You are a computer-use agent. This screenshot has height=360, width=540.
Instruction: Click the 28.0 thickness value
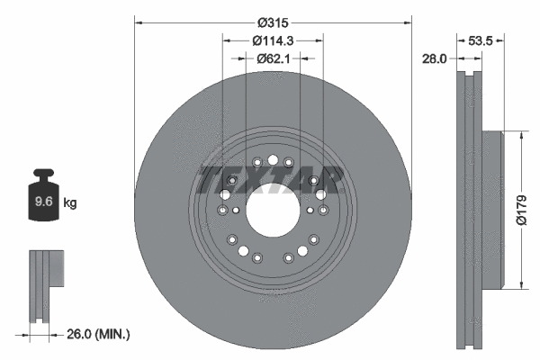click(x=435, y=58)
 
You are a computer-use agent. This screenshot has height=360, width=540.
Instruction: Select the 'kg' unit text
click(x=70, y=203)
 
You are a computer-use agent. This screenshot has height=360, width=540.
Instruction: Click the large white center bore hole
click(x=272, y=211)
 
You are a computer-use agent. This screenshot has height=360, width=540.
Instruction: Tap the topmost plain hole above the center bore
click(x=272, y=159)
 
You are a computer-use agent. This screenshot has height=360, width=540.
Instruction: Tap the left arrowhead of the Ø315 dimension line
click(x=138, y=21)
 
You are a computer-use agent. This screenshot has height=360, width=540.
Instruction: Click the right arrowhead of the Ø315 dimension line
click(x=407, y=21)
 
